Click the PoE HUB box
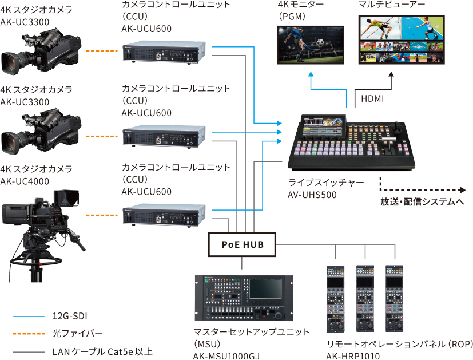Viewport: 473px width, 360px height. click(x=242, y=244)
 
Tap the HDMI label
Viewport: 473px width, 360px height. click(x=372, y=99)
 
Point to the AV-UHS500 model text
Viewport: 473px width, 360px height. click(x=312, y=195)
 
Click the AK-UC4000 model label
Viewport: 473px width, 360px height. click(x=25, y=181)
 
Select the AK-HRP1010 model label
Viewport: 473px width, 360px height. click(x=353, y=355)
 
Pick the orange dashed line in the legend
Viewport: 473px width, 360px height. click(x=28, y=333)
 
